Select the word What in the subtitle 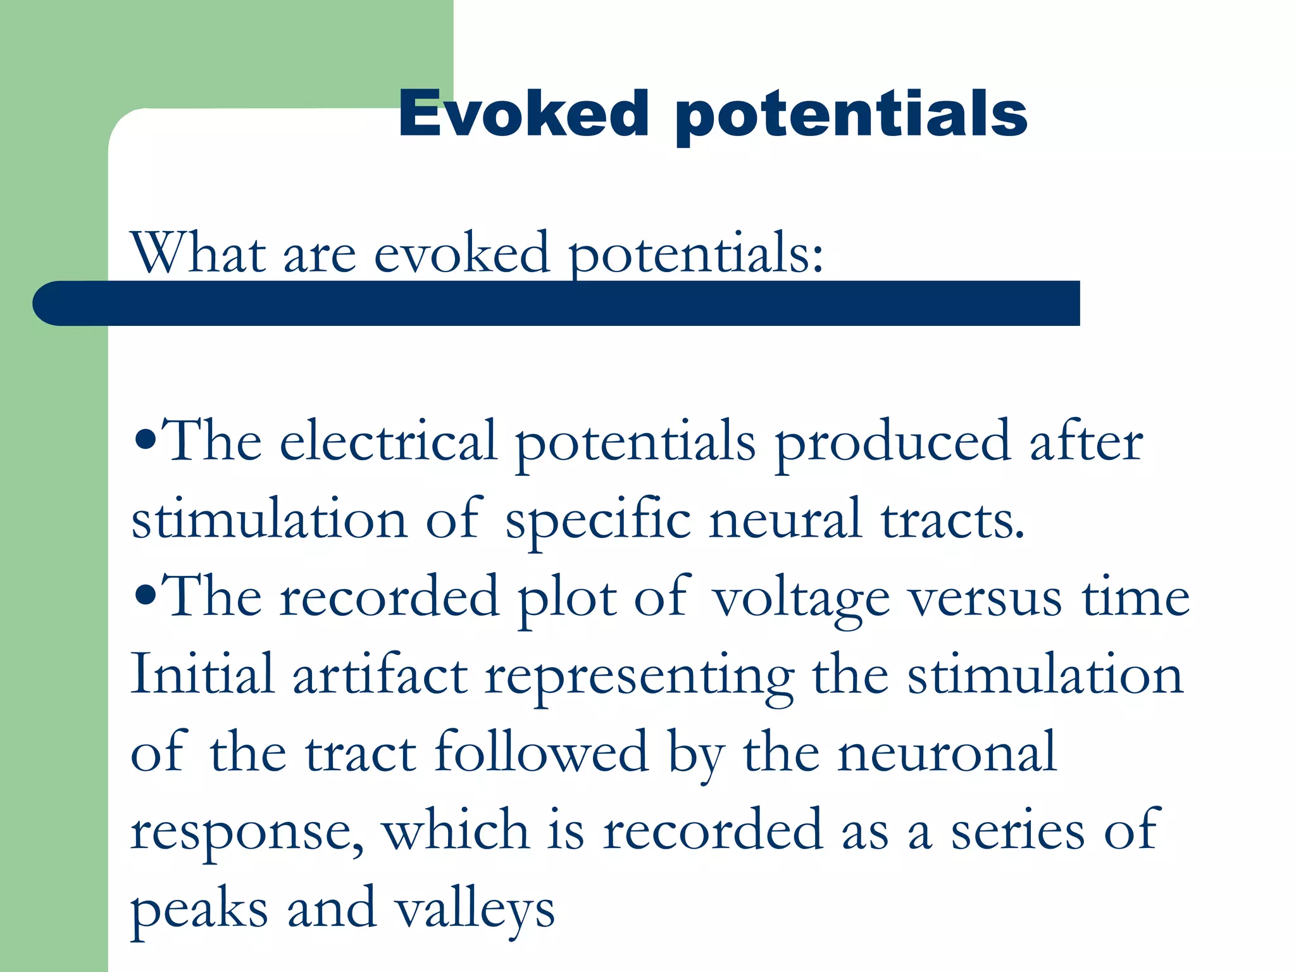pos(197,253)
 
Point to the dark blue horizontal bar pos(557,304)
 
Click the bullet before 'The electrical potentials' pos(145,440)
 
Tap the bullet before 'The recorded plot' pos(145,596)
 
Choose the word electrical pos(388,441)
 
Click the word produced pos(892,443)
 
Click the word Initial pos(202,675)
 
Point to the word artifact pos(380,675)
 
